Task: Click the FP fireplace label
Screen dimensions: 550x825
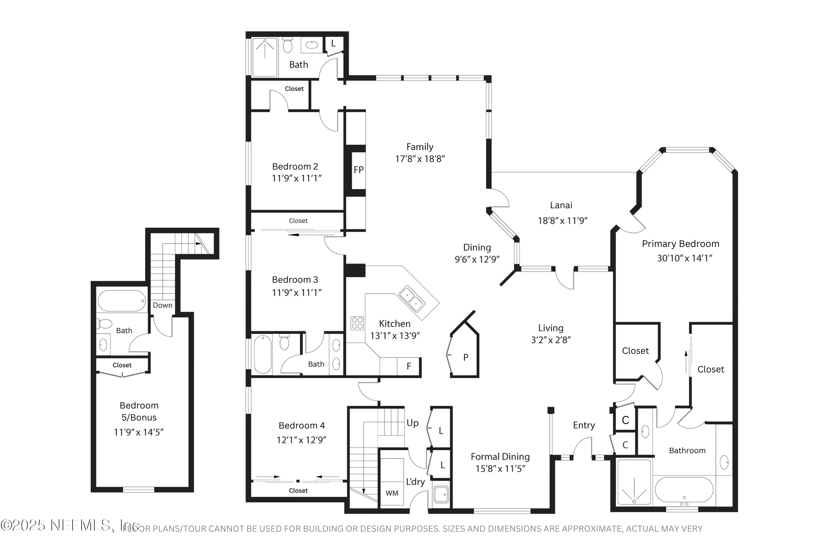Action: click(358, 170)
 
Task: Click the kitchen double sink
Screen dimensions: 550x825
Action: click(411, 299)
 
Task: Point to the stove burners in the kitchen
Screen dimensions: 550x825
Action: click(357, 323)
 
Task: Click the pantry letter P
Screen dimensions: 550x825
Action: click(465, 357)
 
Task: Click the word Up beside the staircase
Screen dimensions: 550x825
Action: click(412, 423)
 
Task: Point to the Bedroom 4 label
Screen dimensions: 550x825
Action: click(302, 425)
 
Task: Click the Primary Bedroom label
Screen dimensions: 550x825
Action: click(680, 244)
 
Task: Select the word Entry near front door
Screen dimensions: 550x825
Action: click(584, 425)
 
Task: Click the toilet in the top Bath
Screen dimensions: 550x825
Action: click(287, 46)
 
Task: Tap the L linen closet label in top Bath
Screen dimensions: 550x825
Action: click(333, 44)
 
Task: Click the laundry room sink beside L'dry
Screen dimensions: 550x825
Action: click(441, 495)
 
